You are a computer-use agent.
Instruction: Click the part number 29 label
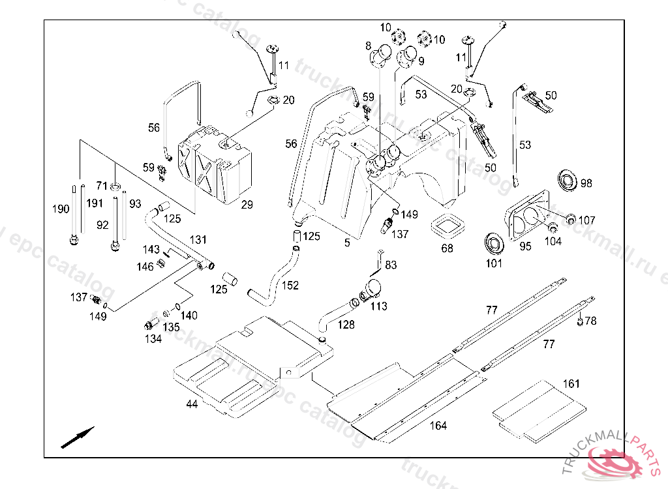coord(247,205)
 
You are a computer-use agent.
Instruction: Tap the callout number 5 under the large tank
coord(347,243)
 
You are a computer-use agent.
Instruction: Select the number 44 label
coord(191,404)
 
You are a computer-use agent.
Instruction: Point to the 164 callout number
coord(438,426)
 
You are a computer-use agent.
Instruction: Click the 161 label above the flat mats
coord(571,384)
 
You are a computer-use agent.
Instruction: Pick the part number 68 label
coord(447,248)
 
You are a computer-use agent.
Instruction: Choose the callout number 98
coord(586,184)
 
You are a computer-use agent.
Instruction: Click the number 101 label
coord(494,263)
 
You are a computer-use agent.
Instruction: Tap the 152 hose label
coord(290,285)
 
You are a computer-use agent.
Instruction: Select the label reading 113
coord(378,306)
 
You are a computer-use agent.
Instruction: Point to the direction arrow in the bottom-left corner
coord(78,437)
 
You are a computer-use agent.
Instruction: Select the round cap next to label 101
coord(494,243)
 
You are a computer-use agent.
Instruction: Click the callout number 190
coord(61,209)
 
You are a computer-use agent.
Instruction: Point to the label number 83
coord(391,265)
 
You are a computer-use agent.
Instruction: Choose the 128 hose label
coord(346,325)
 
